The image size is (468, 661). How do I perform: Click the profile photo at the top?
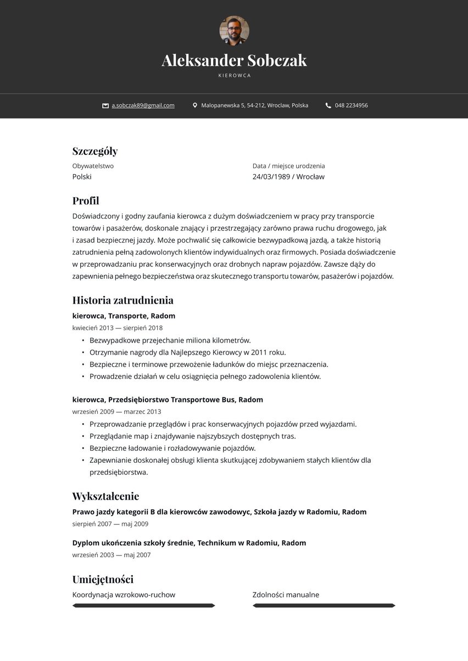tap(234, 30)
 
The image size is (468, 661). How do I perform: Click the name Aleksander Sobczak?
tap(234, 60)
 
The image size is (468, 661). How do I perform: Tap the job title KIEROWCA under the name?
tap(234, 76)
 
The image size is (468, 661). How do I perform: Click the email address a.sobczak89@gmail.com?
tap(143, 105)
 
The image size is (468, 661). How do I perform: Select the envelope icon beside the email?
tap(105, 105)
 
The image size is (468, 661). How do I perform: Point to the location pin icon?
tap(195, 105)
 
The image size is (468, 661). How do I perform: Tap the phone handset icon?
tap(328, 105)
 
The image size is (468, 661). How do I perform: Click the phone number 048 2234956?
tap(351, 105)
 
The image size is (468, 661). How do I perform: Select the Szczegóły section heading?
tap(95, 151)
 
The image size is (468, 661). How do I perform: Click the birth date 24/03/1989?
tap(271, 177)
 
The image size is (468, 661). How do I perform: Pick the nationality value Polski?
tap(82, 177)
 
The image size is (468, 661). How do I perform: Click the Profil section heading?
tap(86, 201)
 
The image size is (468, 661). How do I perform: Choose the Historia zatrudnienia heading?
tap(122, 300)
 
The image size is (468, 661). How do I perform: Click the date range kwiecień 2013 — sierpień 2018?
tap(118, 328)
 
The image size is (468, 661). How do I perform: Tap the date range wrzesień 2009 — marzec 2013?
tap(116, 412)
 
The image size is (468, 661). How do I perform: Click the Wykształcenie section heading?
tap(105, 496)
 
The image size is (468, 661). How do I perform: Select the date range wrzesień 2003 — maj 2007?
tap(112, 555)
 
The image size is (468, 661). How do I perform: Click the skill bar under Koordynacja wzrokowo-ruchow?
tap(143, 606)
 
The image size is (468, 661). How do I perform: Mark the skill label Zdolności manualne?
tap(286, 595)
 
